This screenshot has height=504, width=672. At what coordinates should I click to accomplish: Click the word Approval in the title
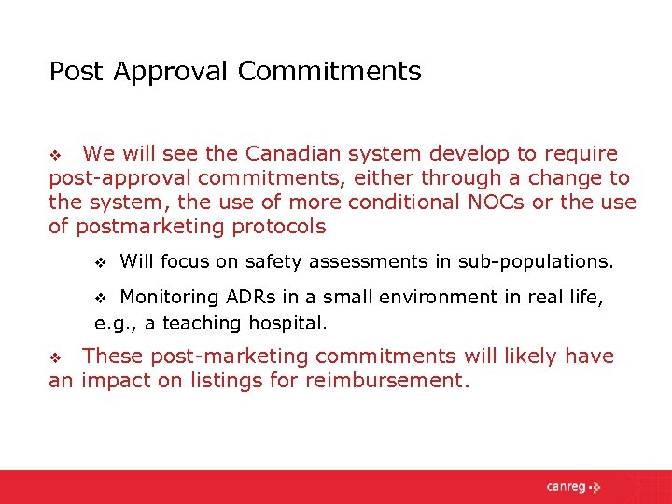(x=174, y=72)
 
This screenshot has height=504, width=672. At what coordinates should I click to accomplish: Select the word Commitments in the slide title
(x=329, y=71)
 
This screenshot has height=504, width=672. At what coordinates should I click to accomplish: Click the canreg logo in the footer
(x=575, y=486)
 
